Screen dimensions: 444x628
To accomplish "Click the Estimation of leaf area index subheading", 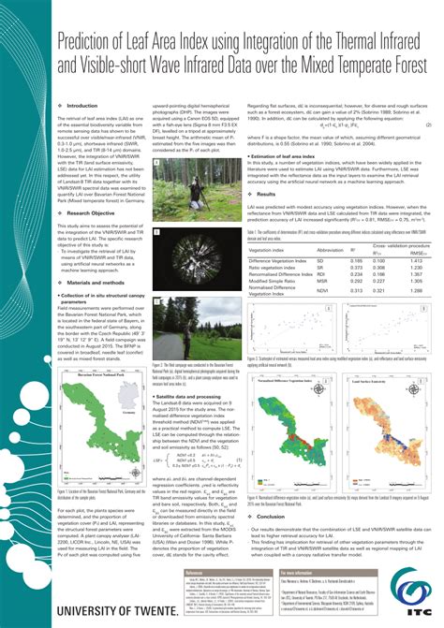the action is [x=290, y=141].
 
